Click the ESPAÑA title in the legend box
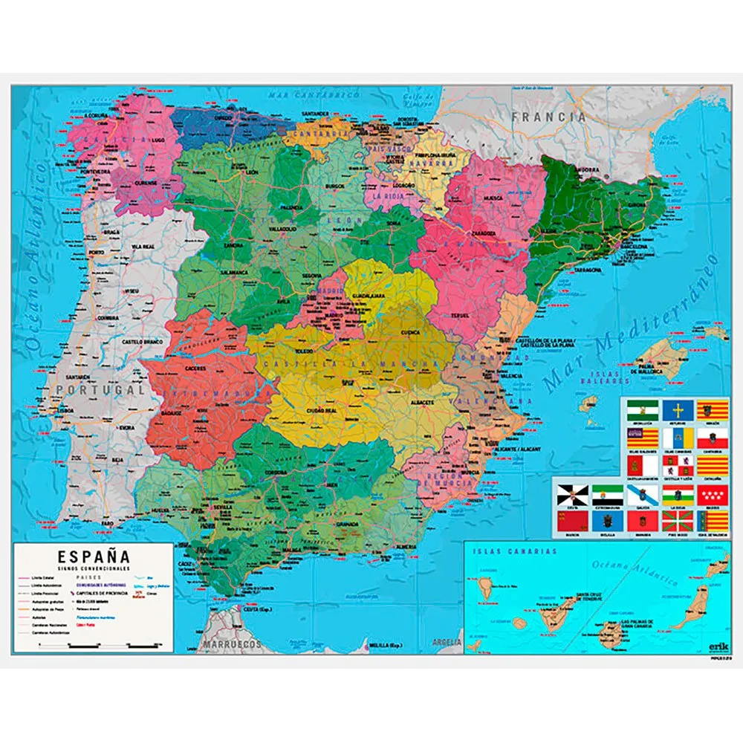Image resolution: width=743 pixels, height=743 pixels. pyautogui.click(x=94, y=556)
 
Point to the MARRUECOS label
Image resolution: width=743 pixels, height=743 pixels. pyautogui.click(x=233, y=644)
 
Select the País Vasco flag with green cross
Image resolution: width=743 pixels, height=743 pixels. pyautogui.click(x=677, y=520)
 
